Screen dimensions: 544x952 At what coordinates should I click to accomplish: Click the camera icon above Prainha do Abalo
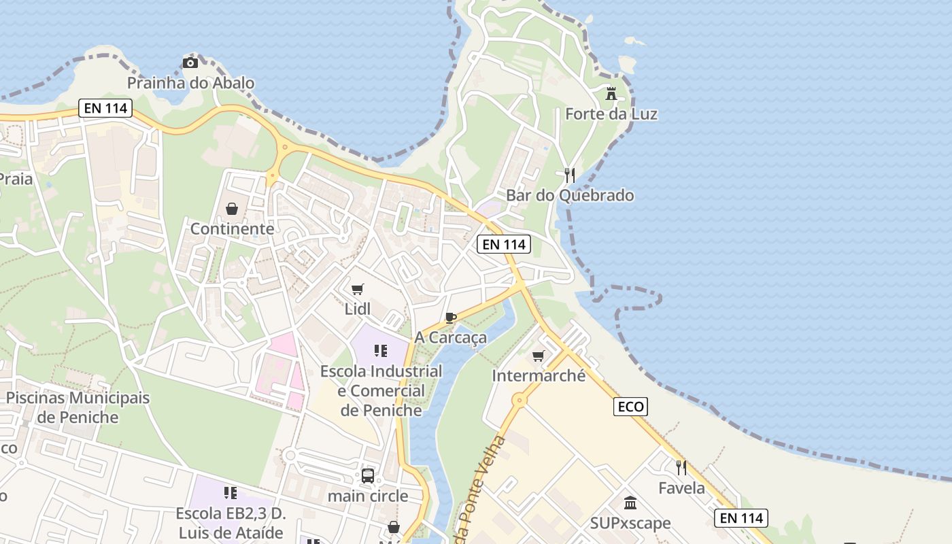click(x=190, y=63)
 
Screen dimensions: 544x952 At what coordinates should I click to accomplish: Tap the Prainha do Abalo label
click(x=191, y=83)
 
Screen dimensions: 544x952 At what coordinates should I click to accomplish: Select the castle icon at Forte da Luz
click(x=611, y=93)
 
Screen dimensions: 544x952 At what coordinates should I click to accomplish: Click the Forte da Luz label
click(x=611, y=114)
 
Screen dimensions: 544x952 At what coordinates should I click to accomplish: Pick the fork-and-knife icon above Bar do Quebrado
click(x=570, y=175)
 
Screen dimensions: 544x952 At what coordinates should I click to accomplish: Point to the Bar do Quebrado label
click(x=570, y=196)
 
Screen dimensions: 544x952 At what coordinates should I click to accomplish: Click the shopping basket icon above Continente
click(x=232, y=208)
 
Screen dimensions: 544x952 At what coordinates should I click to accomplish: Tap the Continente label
click(x=232, y=228)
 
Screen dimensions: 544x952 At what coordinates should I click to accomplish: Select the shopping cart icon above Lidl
click(x=358, y=289)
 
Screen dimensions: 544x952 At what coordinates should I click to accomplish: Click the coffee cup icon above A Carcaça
click(x=450, y=318)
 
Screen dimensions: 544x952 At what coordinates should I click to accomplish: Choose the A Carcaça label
click(x=451, y=337)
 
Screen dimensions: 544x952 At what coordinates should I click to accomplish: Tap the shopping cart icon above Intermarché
click(x=539, y=356)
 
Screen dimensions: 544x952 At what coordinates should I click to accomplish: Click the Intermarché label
click(x=539, y=375)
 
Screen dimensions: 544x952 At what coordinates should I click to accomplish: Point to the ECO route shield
click(x=630, y=407)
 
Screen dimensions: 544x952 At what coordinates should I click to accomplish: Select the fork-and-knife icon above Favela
click(x=681, y=467)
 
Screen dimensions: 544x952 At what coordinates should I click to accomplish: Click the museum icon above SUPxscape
click(x=630, y=503)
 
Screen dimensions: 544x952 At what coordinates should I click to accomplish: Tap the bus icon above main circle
click(x=368, y=476)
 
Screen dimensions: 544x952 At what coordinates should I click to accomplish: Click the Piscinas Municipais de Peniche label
click(x=78, y=407)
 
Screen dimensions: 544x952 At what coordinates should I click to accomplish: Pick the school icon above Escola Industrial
click(x=381, y=351)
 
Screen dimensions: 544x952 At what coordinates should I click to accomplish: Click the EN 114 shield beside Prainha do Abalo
click(x=105, y=107)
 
